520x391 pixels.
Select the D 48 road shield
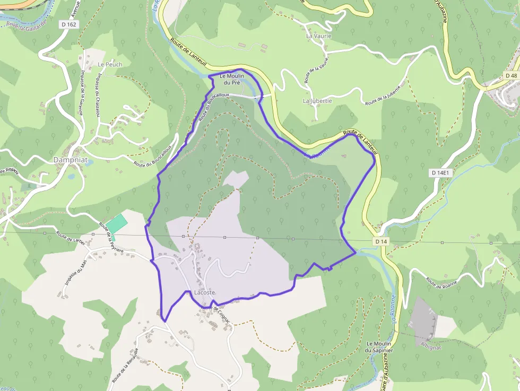(510, 76)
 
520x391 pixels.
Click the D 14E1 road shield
(440, 173)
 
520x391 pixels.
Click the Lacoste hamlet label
(205, 293)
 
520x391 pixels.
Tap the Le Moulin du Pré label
(232, 79)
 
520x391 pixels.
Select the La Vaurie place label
(319, 36)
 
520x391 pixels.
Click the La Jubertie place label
(317, 101)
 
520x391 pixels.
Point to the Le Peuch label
(110, 64)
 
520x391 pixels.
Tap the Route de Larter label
(71, 238)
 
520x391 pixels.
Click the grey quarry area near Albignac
(423, 318)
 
